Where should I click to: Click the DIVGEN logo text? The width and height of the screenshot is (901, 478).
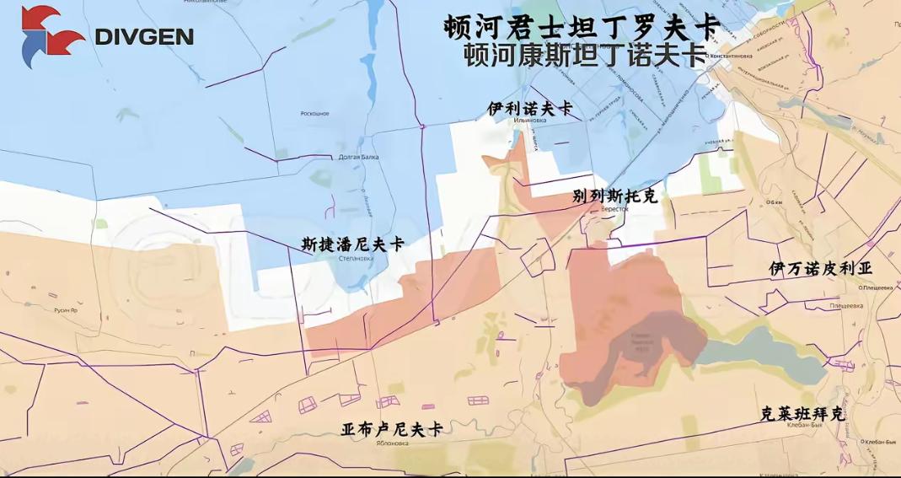coord(144,37)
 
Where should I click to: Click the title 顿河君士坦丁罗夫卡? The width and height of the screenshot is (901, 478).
coord(581,26)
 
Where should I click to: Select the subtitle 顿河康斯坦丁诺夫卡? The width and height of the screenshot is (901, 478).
coord(585,56)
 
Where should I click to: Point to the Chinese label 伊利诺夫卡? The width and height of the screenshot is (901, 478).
coord(529,109)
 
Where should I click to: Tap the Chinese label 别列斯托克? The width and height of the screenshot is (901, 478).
coord(614,196)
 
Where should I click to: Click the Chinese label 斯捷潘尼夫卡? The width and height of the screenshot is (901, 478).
coord(353,244)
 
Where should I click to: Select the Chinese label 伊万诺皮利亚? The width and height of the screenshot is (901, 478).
coord(820,268)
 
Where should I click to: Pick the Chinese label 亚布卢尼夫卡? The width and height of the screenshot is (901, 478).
coord(392,429)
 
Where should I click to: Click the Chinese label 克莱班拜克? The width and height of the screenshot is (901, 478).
coord(802,413)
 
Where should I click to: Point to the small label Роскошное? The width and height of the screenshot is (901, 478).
coord(314,113)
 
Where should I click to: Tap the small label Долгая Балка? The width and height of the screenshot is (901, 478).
coord(359,157)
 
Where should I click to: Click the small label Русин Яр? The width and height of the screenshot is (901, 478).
coord(66,310)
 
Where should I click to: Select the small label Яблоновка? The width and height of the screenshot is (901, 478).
coord(392,443)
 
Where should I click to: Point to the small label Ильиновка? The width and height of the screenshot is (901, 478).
coord(529,121)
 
